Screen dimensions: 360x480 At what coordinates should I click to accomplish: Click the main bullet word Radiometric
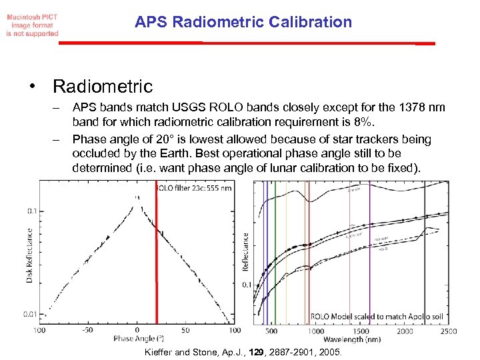pyautogui.click(x=103, y=87)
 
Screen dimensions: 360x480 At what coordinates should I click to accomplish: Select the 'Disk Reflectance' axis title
pyautogui.click(x=29, y=255)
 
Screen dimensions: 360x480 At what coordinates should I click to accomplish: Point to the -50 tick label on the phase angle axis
pyautogui.click(x=87, y=330)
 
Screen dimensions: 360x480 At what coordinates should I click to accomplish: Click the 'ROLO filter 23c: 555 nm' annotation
pyautogui.click(x=194, y=188)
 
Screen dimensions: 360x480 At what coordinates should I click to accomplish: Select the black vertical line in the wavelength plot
pyautogui.click(x=425, y=253)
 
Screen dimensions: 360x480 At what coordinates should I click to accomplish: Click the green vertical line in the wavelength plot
pyautogui.click(x=275, y=253)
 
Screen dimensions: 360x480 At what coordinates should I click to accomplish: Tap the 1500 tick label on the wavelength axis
pyautogui.click(x=361, y=331)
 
